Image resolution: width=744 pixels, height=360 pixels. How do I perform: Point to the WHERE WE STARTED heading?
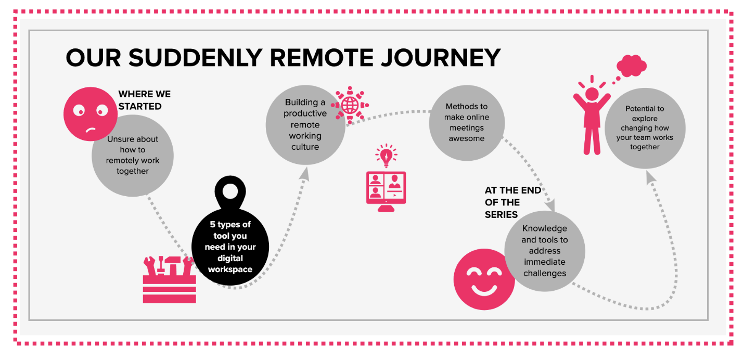coord(144,100)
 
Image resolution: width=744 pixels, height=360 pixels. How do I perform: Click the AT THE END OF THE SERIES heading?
coord(512,202)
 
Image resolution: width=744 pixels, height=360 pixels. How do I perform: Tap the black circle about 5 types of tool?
coord(230,247)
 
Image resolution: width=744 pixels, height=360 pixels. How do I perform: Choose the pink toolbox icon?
coord(169,279)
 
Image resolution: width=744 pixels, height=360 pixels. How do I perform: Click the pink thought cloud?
coord(632,66)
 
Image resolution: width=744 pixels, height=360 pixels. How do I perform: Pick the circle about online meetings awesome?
coord(466,123)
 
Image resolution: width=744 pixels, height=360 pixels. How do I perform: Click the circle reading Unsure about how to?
coord(133,155)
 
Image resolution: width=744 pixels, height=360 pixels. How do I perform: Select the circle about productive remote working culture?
coord(305,125)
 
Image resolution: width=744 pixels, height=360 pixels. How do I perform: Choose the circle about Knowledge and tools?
coord(545,251)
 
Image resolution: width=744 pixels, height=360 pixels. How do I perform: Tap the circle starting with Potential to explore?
coord(645,128)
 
